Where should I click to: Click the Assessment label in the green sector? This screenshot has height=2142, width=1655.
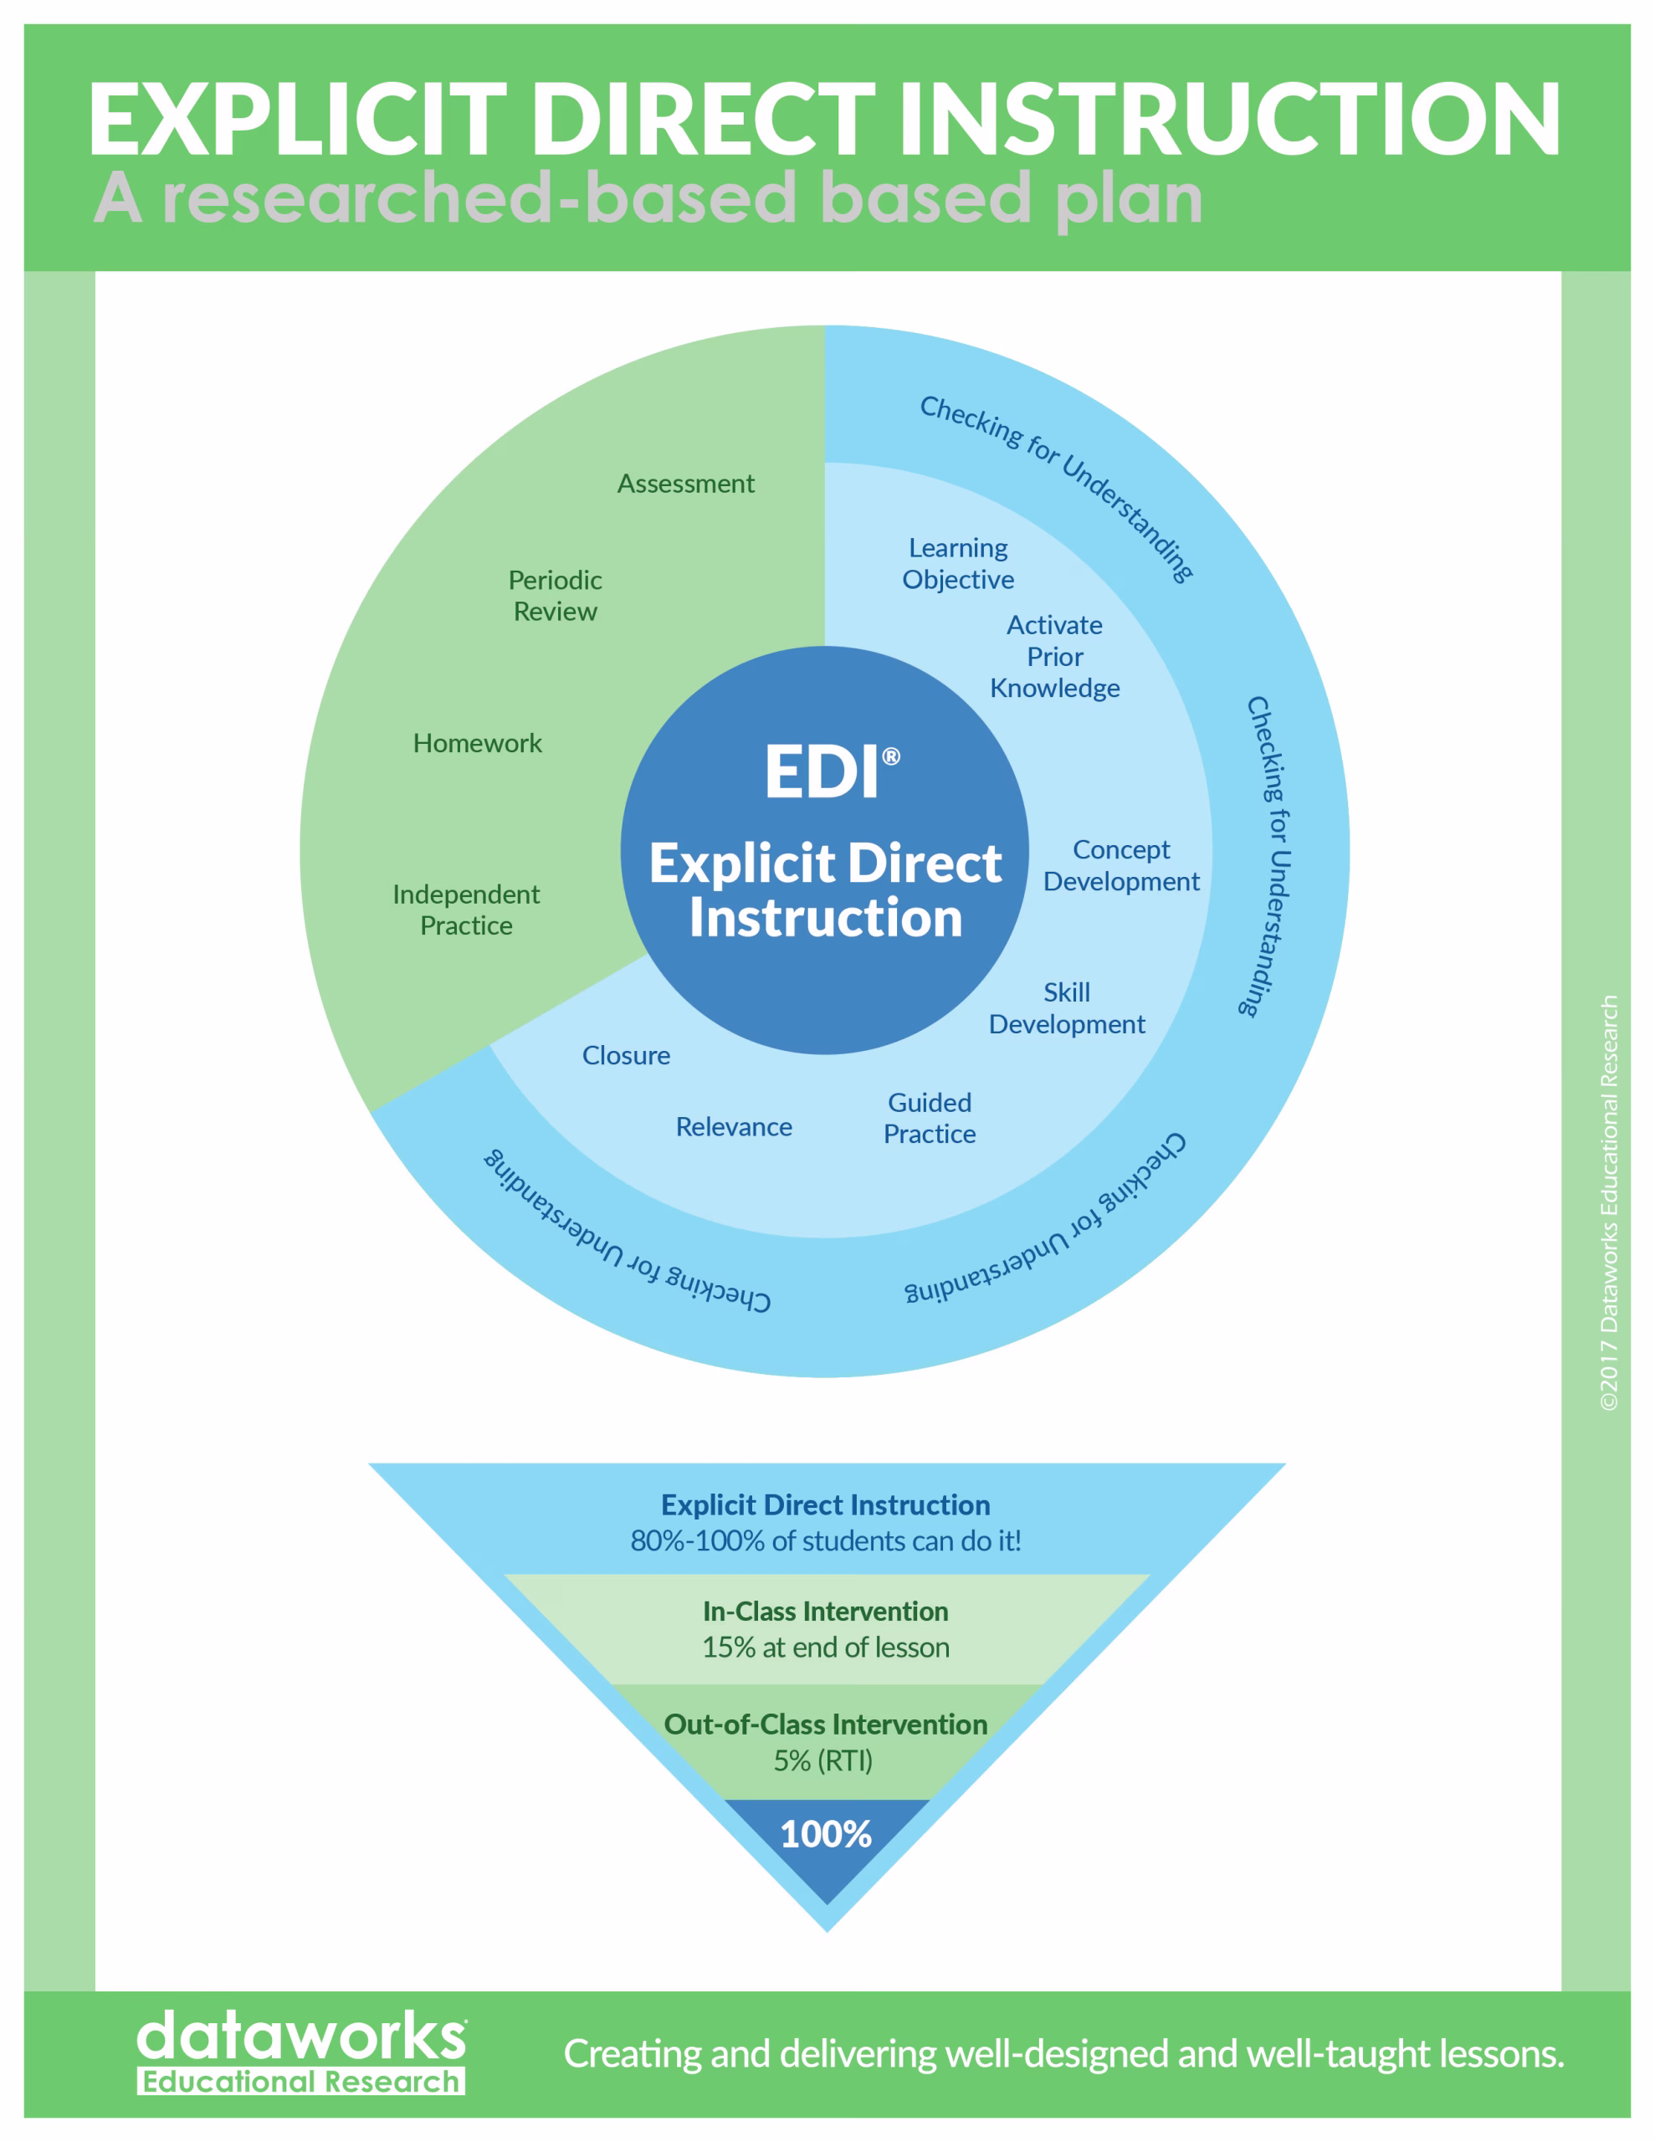click(x=686, y=484)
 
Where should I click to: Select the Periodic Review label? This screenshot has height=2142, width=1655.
click(x=556, y=596)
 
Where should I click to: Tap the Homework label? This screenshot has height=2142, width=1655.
click(x=477, y=743)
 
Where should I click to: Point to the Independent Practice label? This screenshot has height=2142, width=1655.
click(x=466, y=910)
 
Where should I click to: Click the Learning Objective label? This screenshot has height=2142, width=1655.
click(x=959, y=564)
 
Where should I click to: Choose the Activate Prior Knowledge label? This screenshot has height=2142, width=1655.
click(x=1054, y=656)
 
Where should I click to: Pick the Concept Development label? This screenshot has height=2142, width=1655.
click(x=1121, y=865)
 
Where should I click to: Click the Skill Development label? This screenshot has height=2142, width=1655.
click(x=1067, y=1007)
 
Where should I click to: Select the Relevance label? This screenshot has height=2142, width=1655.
click(x=734, y=1127)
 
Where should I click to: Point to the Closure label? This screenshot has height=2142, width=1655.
click(x=626, y=1055)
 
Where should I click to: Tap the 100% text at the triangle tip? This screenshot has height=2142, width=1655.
click(x=826, y=1834)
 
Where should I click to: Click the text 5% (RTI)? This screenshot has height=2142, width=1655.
click(x=823, y=1760)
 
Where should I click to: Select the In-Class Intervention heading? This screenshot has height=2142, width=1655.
click(x=826, y=1612)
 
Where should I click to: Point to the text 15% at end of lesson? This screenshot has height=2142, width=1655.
click(x=826, y=1647)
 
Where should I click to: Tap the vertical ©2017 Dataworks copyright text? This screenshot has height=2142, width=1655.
click(x=1609, y=1202)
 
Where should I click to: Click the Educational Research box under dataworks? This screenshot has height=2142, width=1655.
click(x=301, y=2081)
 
